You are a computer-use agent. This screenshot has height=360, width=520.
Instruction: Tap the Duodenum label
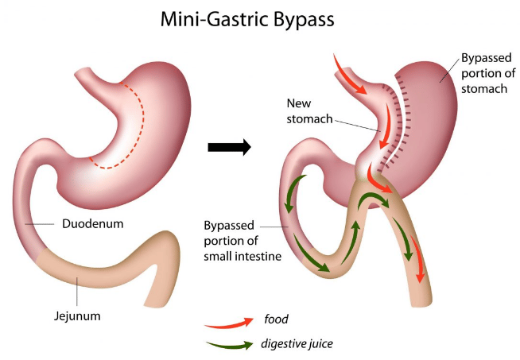[92, 224]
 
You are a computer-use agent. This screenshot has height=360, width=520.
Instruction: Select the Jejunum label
[77, 315]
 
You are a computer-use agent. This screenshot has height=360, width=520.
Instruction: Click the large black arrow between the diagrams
[229, 147]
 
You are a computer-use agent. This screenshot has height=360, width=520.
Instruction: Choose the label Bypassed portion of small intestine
[236, 236]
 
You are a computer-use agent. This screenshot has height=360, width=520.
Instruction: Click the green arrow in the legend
[227, 345]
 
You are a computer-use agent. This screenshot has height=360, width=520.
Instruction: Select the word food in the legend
[275, 319]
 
